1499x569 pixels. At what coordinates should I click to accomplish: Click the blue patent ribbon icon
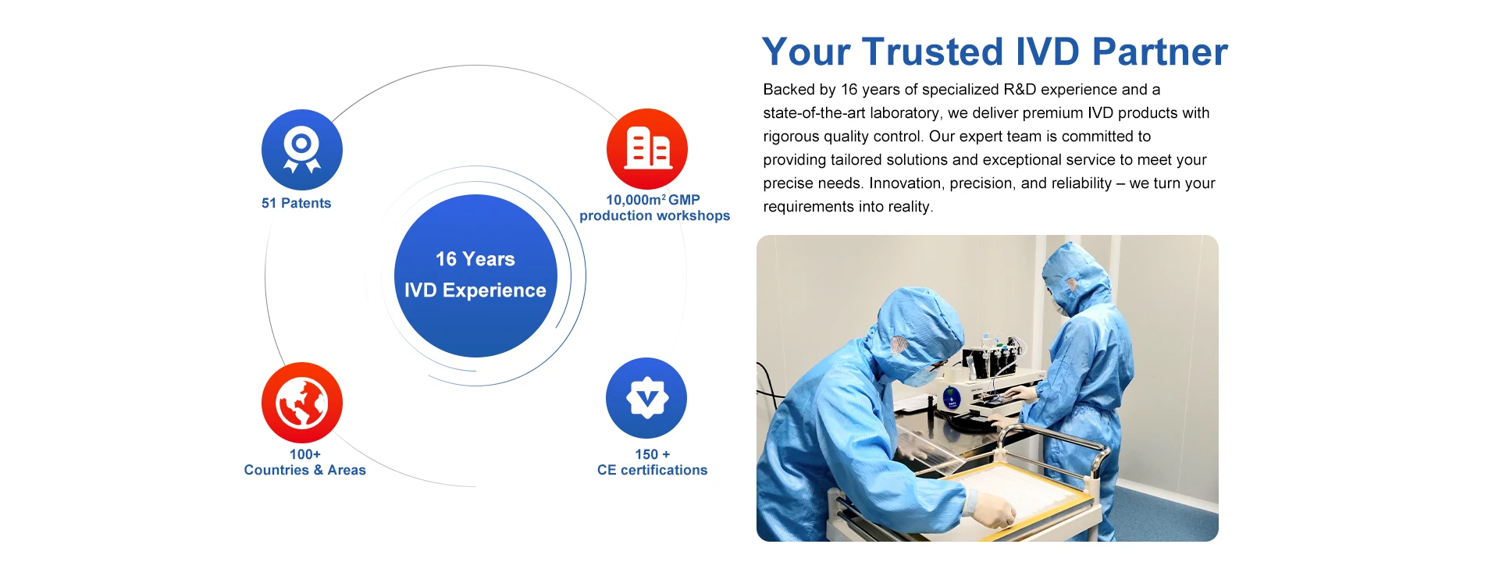[302, 149]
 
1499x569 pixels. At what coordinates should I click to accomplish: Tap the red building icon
[647, 148]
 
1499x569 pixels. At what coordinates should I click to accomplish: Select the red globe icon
[302, 403]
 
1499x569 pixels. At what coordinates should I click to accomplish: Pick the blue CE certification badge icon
[646, 398]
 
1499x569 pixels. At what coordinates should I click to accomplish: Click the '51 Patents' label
[297, 203]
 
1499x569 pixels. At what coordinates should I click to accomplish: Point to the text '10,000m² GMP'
[653, 200]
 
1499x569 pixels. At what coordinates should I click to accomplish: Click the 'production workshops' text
[655, 216]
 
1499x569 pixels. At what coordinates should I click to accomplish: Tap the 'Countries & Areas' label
[305, 470]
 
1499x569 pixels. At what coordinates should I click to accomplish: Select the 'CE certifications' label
[653, 470]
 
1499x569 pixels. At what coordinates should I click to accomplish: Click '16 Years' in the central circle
[475, 259]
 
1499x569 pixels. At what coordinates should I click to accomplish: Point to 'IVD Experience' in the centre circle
[475, 290]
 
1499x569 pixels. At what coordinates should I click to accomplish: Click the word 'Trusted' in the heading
[924, 52]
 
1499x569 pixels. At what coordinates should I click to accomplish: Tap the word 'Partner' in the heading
[1160, 52]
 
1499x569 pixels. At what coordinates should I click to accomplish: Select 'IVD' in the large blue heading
[1039, 52]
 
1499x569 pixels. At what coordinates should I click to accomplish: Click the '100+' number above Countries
[305, 454]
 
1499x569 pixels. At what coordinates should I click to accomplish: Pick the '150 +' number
[653, 454]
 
